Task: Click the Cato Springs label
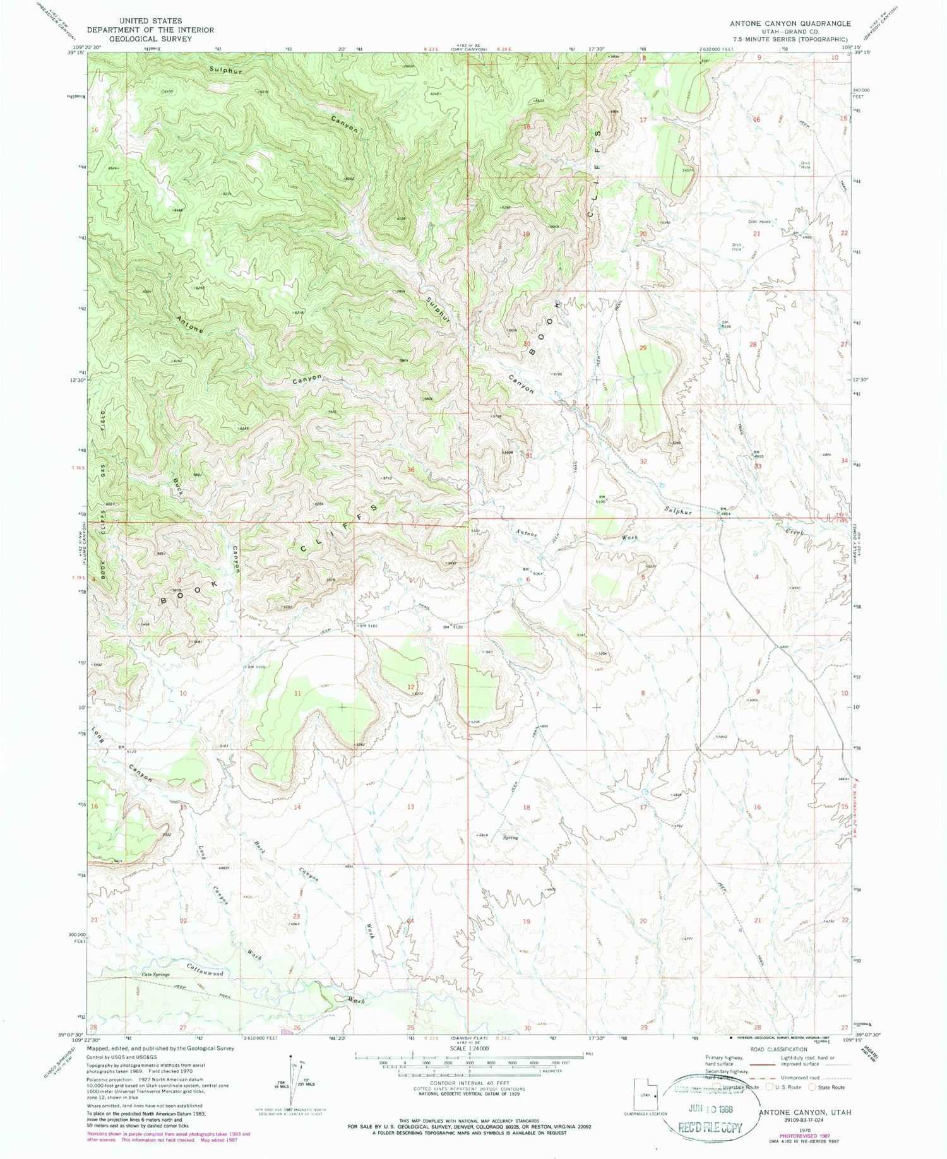point(156,974)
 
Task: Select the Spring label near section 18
point(510,838)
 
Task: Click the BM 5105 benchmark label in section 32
point(600,499)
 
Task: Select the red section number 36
point(411,470)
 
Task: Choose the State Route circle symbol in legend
point(812,1087)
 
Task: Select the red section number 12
point(411,687)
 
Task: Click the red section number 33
point(758,466)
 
